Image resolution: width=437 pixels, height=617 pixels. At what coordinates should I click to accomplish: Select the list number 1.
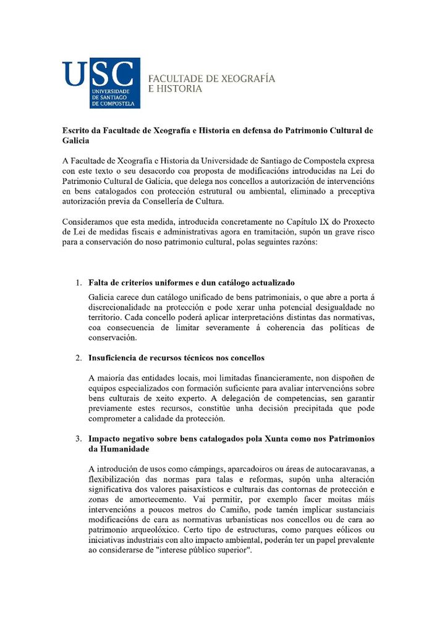[x=78, y=283]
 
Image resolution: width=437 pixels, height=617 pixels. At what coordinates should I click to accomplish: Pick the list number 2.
[x=78, y=358]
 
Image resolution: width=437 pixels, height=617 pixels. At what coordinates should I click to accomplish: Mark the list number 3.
[x=78, y=439]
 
